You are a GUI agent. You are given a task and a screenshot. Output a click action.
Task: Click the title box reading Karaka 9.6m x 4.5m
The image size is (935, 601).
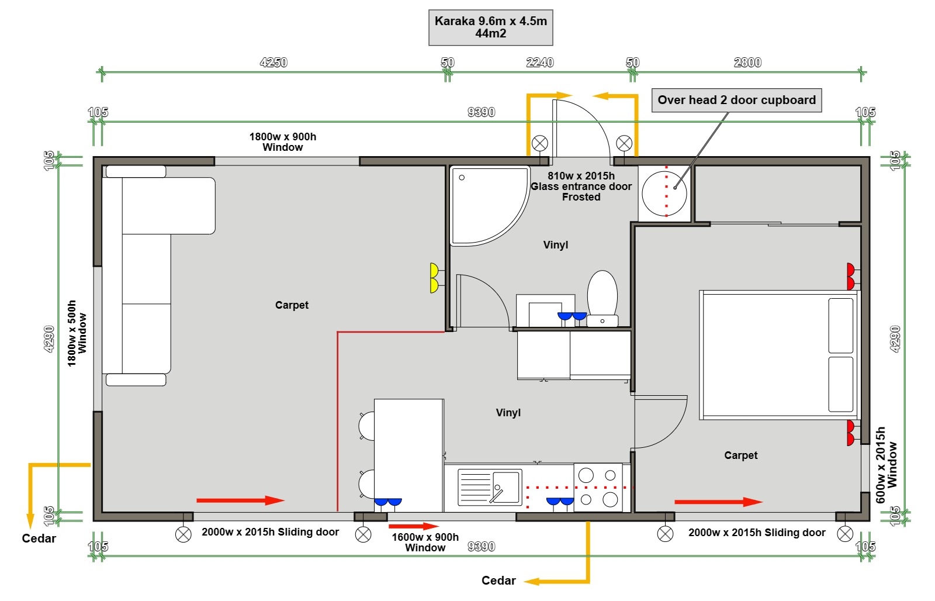490,27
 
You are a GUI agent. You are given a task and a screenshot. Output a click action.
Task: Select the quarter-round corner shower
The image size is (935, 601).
489,205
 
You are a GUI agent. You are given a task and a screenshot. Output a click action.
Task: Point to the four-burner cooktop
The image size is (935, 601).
598,488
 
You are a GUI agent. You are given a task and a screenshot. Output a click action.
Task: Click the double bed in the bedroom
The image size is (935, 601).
779,355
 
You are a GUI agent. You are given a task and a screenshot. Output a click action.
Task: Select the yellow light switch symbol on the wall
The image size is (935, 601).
435,278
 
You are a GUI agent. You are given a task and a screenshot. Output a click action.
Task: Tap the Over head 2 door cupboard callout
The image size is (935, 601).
737,100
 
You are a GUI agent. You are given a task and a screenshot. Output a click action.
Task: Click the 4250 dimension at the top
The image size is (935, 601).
274,63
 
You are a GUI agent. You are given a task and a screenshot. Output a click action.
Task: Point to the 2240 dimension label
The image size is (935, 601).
540,63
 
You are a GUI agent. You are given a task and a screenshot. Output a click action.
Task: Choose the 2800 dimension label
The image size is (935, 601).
747,63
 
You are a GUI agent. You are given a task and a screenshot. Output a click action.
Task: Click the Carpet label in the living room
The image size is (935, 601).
292,305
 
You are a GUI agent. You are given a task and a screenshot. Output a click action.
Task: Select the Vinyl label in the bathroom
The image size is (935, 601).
556,245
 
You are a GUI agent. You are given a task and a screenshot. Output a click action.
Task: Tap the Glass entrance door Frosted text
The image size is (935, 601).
581,192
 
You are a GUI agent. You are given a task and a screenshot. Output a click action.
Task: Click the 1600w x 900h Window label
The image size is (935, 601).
425,542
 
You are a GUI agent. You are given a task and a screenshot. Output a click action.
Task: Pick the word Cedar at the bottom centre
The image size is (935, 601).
498,581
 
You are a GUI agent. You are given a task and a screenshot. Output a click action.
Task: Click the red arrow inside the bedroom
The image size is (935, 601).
719,502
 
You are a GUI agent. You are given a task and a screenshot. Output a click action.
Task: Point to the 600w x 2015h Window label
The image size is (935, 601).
886,465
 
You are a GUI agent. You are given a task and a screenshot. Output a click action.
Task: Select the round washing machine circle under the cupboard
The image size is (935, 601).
664,194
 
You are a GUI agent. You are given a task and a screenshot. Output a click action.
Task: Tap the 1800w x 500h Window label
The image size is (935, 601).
77,333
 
